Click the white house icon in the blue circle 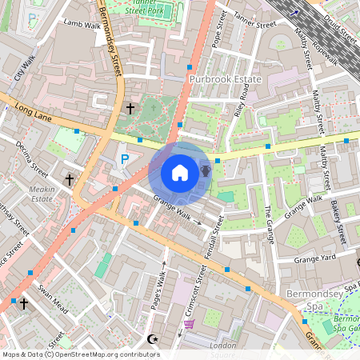(x=180, y=172)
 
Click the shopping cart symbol (x=190, y=324)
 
